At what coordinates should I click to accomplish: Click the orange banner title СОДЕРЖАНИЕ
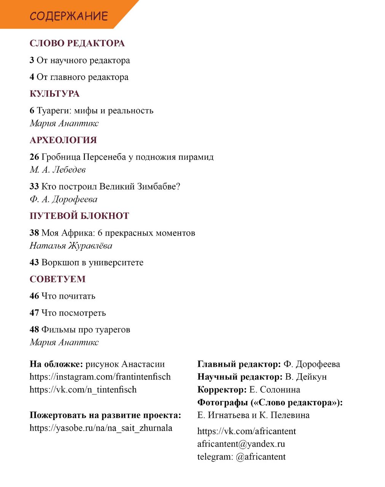pos(69,16)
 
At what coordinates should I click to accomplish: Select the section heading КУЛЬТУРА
pos(54,94)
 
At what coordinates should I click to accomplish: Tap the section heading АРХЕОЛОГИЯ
pos(63,140)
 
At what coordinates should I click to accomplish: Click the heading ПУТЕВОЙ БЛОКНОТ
pos(79,216)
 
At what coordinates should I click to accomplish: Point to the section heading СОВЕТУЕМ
pos(57,279)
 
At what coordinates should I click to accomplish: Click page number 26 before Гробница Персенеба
pos(34,157)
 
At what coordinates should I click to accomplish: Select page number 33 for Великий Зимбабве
pos(34,187)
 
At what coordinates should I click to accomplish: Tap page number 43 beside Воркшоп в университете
pos(34,263)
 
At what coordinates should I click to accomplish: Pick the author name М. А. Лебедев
pos(57,170)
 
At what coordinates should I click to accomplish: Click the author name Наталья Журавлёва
pos(71,246)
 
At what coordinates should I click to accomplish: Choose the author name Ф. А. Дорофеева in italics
pos(63,199)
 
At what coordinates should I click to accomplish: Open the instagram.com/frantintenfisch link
pos(100,377)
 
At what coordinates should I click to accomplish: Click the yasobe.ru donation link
pos(101,428)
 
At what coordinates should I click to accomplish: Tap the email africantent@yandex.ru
pos(241,444)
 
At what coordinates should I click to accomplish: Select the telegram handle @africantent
pos(261,457)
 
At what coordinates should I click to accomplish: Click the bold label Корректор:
pos(222,390)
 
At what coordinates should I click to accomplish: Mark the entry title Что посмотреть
pos(73,313)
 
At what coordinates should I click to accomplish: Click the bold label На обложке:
pos(56,364)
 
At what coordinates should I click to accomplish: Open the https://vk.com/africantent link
pos(246,431)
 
